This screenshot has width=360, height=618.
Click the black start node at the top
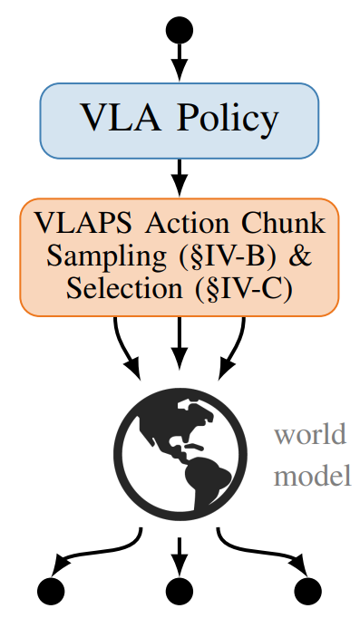[x=180, y=30]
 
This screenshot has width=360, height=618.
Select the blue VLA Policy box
[x=180, y=121]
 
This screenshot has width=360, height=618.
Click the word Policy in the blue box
[x=228, y=119]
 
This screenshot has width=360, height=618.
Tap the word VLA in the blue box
[x=121, y=117]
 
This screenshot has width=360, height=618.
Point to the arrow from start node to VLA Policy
[x=180, y=62]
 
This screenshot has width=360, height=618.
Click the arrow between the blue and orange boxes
[x=180, y=178]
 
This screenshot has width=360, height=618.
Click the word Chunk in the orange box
[x=284, y=223]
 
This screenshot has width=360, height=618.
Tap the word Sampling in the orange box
[x=106, y=257]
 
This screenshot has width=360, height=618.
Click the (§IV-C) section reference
[x=244, y=289]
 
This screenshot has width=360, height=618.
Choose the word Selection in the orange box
[x=124, y=289]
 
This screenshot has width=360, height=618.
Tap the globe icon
[x=180, y=454]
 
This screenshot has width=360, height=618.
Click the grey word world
[x=310, y=434]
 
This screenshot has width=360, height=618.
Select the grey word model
[x=312, y=476]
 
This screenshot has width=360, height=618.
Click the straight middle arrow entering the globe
[x=180, y=343]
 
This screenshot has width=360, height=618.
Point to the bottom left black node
[x=51, y=591]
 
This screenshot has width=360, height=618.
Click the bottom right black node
[x=308, y=591]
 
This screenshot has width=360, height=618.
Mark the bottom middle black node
[x=180, y=591]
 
